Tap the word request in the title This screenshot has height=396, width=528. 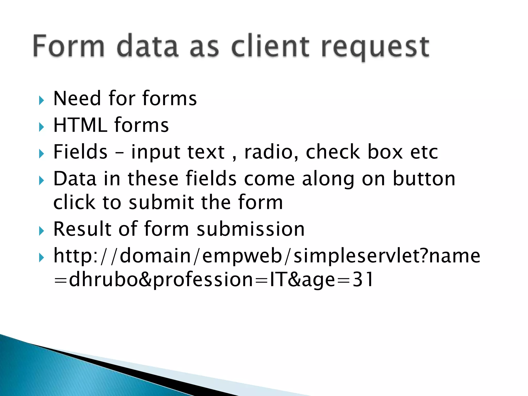(375, 48)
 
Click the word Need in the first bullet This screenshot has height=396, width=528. (77, 98)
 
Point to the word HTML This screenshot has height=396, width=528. (80, 125)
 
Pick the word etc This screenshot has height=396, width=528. (424, 152)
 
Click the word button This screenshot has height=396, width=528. (424, 178)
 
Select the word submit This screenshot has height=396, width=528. (161, 202)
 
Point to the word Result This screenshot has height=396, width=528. (82, 229)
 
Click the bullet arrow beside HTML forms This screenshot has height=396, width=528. (41, 127)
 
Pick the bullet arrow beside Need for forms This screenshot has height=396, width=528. (41, 100)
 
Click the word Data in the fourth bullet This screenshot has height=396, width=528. (75, 178)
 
